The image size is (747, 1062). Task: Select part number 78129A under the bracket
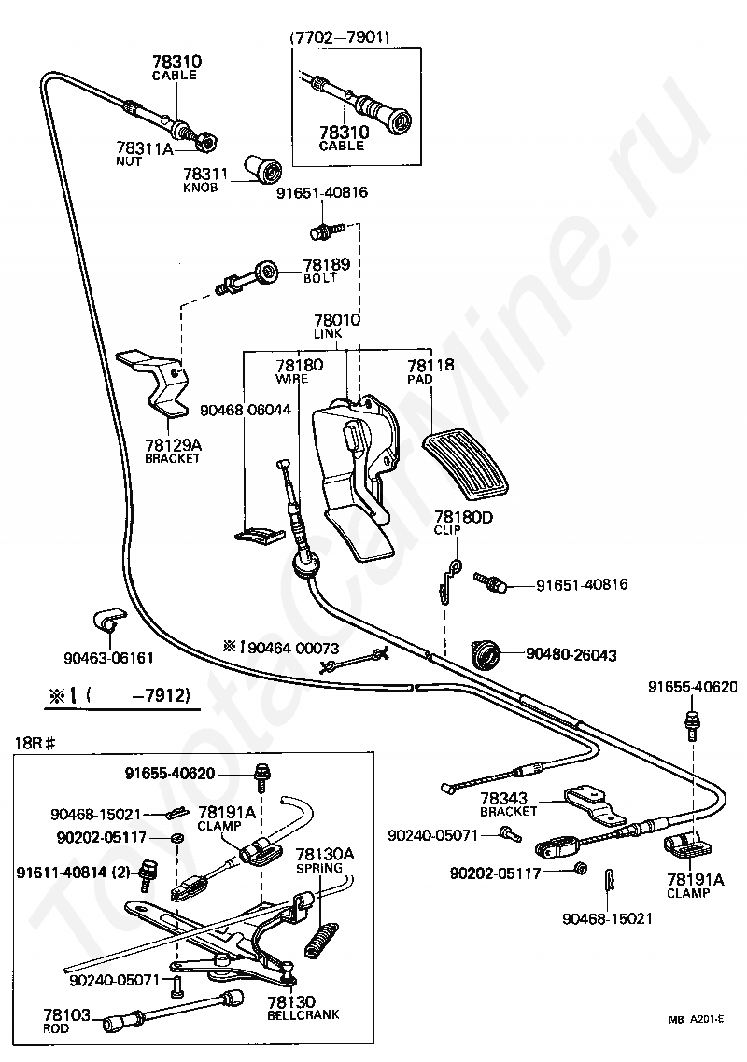[174, 445]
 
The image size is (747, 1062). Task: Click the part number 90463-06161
[108, 658]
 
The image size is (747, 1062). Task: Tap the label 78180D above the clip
[464, 517]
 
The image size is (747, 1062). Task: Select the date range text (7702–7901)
[340, 38]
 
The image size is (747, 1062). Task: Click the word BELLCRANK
[303, 1014]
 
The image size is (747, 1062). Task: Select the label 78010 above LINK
[337, 320]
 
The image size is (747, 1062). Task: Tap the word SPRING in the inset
[319, 868]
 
